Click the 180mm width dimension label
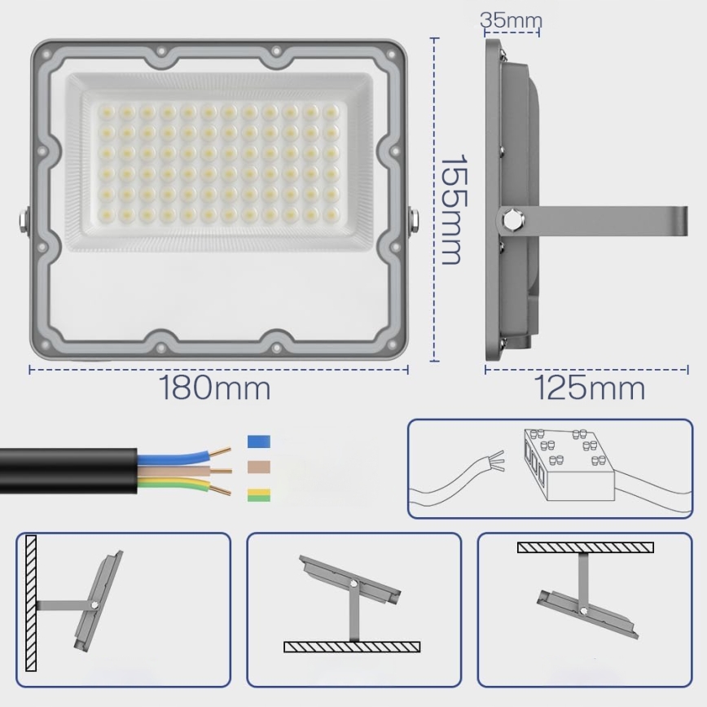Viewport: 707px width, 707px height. tap(215, 389)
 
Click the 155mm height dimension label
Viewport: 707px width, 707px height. tap(450, 209)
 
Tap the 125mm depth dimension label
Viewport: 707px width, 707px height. tap(590, 389)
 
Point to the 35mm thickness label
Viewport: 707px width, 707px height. tap(511, 20)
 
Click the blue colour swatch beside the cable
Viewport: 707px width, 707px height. tap(258, 441)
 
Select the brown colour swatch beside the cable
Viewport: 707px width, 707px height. tap(258, 468)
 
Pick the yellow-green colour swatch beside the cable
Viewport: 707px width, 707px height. tap(258, 494)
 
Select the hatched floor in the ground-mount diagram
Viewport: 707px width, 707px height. tap(352, 647)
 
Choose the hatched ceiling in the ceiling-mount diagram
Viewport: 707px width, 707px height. tap(585, 547)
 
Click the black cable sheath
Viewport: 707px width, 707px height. tap(65, 470)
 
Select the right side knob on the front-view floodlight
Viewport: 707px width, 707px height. tap(415, 220)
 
